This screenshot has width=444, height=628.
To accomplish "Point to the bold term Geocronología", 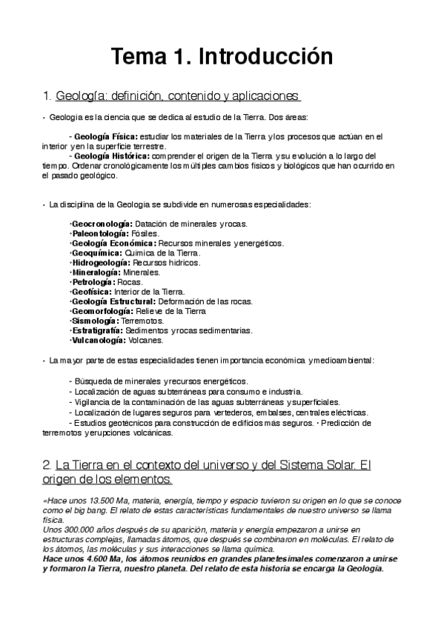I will pos(102,223).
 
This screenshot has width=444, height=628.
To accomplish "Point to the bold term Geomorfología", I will pos(102,311).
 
